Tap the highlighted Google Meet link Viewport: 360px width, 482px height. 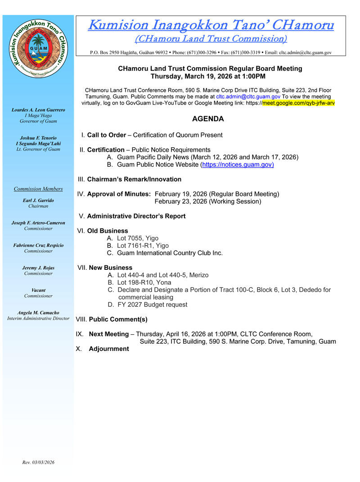coord(298,103)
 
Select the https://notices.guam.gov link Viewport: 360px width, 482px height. coord(238,164)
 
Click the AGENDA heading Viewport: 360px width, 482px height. coord(207,119)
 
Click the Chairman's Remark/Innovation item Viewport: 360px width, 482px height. coord(134,179)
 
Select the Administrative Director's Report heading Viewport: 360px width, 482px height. coord(136,216)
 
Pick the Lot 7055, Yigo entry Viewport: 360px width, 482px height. coord(137,238)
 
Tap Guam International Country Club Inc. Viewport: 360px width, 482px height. coord(170,253)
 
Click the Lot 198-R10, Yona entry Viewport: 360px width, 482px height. coord(144,282)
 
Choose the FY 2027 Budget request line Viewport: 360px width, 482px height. coord(152,305)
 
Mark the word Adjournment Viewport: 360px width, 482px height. coord(109,349)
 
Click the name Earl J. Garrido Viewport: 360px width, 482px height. coord(38,200)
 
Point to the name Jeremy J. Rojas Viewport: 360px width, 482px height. coord(38,268)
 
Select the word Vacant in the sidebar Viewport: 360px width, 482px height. coord(38,290)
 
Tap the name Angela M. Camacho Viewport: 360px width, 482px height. coord(38,313)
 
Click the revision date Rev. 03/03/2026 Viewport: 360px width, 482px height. coord(38,462)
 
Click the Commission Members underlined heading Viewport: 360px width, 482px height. coord(38,189)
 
